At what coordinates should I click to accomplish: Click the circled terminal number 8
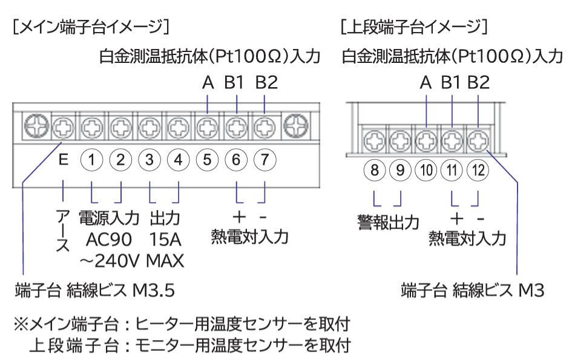tap(375, 171)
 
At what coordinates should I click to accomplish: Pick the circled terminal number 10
tap(427, 171)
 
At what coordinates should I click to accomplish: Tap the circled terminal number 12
tap(479, 171)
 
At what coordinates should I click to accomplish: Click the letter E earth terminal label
tap(64, 160)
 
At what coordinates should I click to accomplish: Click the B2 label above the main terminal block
tap(266, 83)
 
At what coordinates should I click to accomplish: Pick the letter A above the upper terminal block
tap(426, 83)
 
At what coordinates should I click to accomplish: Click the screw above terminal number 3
tap(150, 128)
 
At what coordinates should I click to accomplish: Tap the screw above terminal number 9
tap(400, 140)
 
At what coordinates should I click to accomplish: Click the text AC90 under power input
tap(109, 240)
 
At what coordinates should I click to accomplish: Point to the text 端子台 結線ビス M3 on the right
tap(473, 291)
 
